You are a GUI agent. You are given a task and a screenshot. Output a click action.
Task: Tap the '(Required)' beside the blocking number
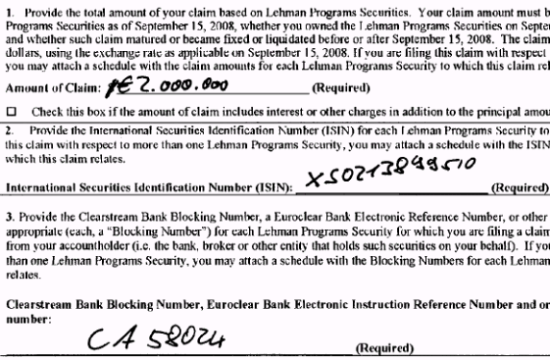tap(381, 347)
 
